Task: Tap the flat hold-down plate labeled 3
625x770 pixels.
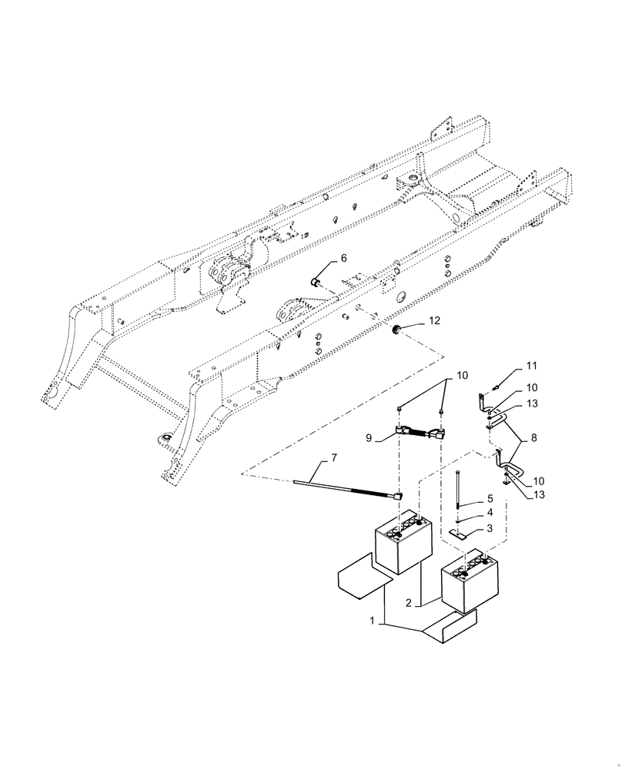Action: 459,533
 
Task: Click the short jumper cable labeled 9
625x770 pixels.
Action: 422,436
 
